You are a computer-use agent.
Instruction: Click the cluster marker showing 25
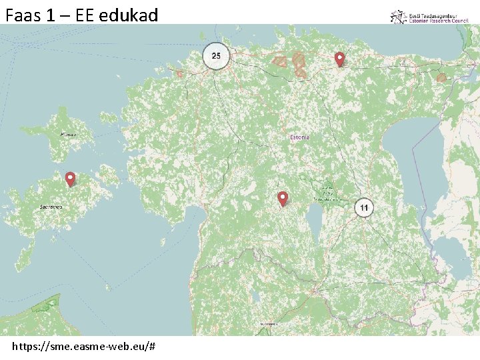click(215, 56)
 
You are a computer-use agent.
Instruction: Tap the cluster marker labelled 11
click(363, 208)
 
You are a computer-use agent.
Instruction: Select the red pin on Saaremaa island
click(70, 179)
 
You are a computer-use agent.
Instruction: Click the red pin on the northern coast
click(339, 59)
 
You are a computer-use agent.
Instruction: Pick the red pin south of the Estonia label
click(283, 198)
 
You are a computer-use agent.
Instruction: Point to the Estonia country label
click(299, 137)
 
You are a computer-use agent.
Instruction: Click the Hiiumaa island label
click(68, 135)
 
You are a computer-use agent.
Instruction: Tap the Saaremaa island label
click(51, 207)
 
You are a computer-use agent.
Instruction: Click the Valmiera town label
click(269, 324)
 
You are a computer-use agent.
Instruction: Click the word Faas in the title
click(23, 15)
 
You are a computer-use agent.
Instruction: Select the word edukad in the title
click(128, 15)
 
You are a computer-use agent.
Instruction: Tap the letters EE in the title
click(85, 15)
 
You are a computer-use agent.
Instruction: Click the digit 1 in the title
click(51, 15)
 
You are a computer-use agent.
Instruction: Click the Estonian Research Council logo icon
click(398, 17)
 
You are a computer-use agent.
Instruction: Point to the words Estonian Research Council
click(439, 21)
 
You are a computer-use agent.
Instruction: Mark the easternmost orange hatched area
click(441, 78)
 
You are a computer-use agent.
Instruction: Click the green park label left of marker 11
click(328, 193)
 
